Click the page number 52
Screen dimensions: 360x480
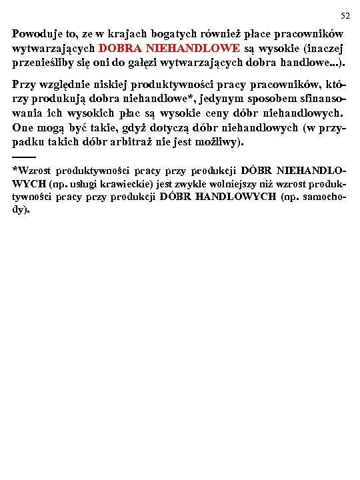click(345, 15)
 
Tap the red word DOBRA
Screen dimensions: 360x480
click(120, 48)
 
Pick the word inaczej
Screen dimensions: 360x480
click(323, 48)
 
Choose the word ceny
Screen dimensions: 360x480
click(219, 113)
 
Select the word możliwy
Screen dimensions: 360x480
click(223, 143)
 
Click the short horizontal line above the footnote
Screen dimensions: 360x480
click(23, 156)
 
